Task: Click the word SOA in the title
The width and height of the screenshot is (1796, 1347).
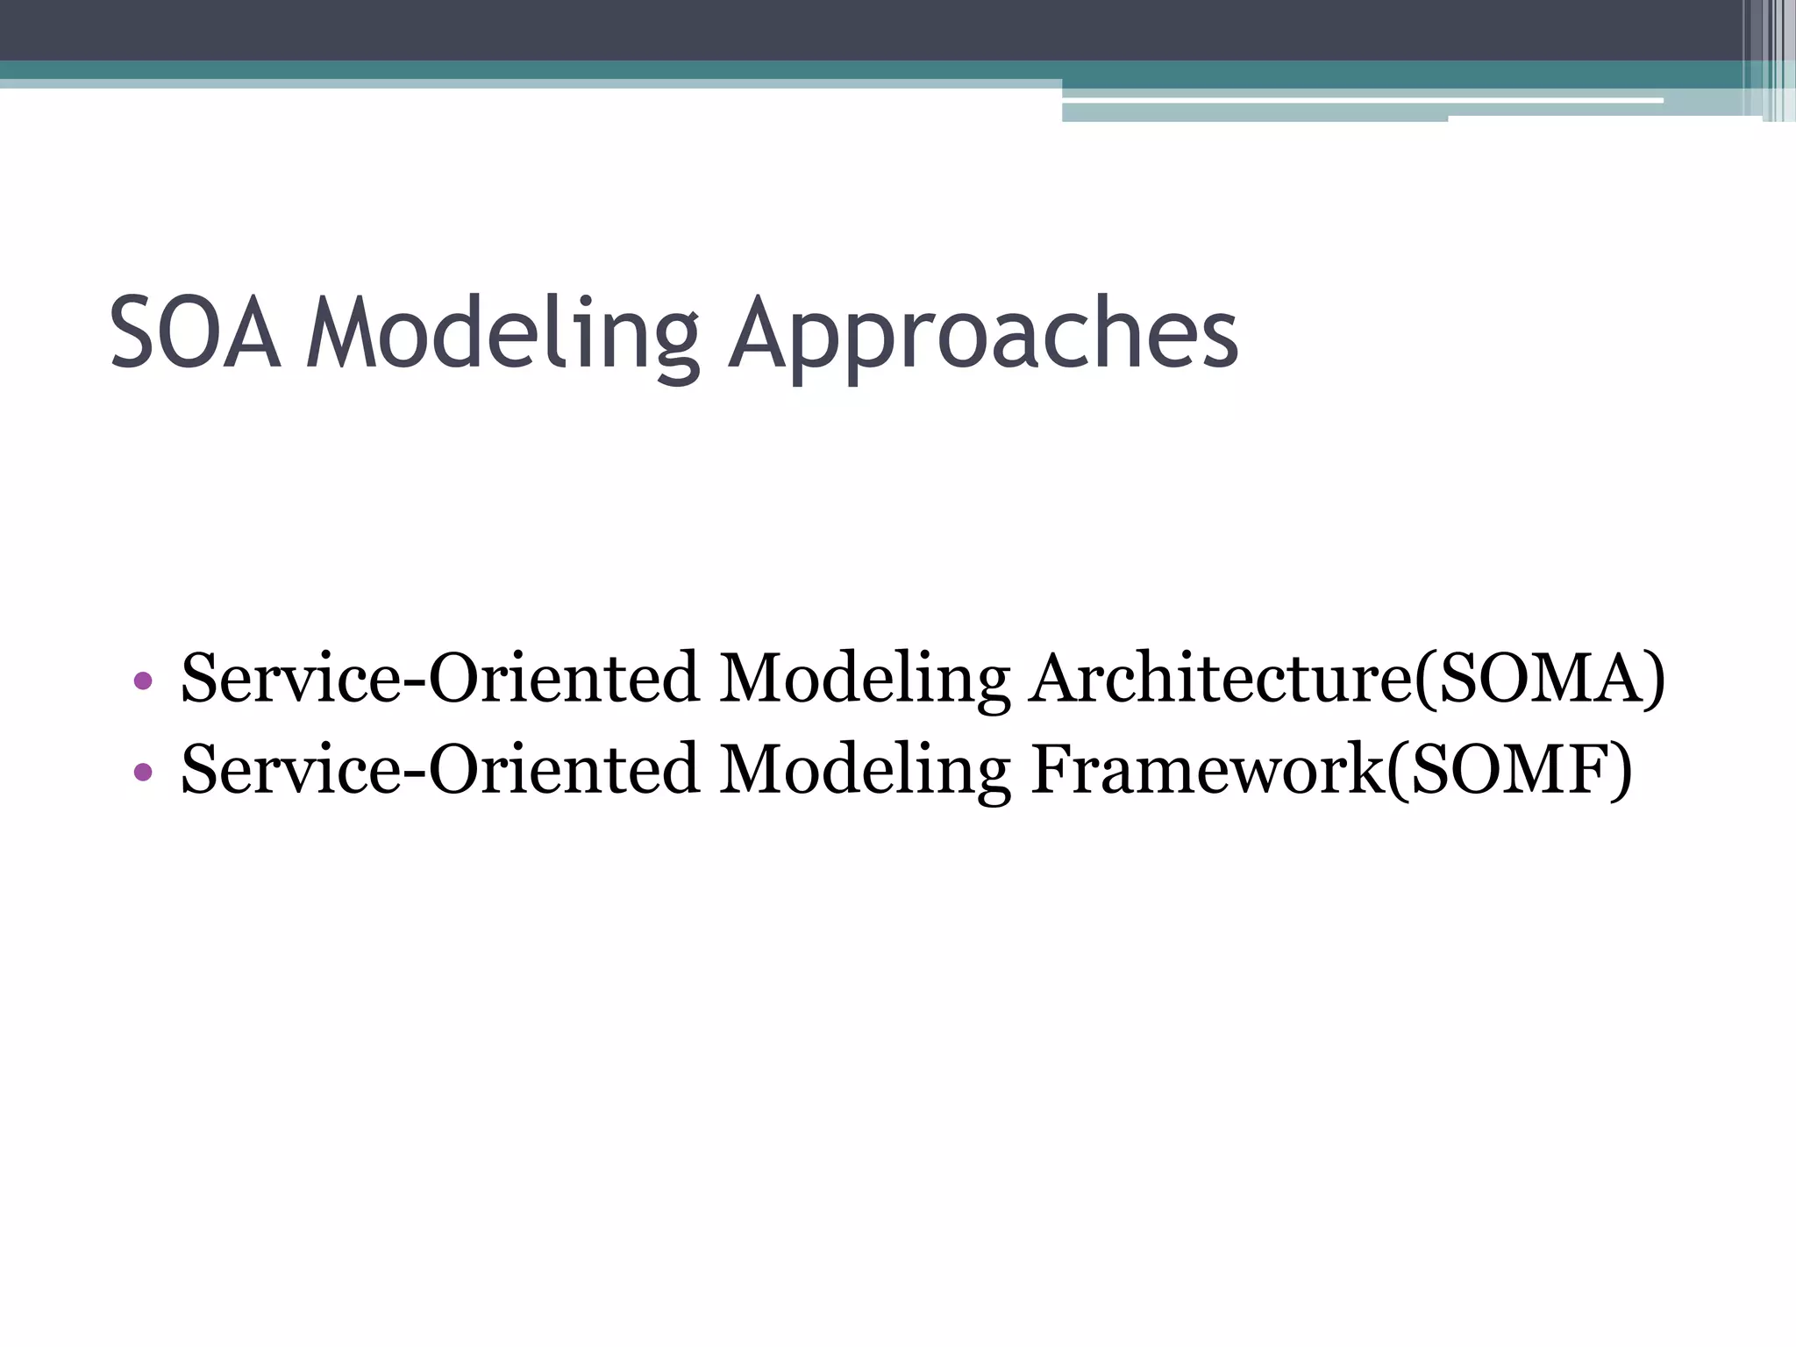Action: click(195, 332)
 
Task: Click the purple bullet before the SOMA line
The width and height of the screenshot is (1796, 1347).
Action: click(144, 681)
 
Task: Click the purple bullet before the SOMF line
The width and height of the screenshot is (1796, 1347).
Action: click(144, 772)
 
